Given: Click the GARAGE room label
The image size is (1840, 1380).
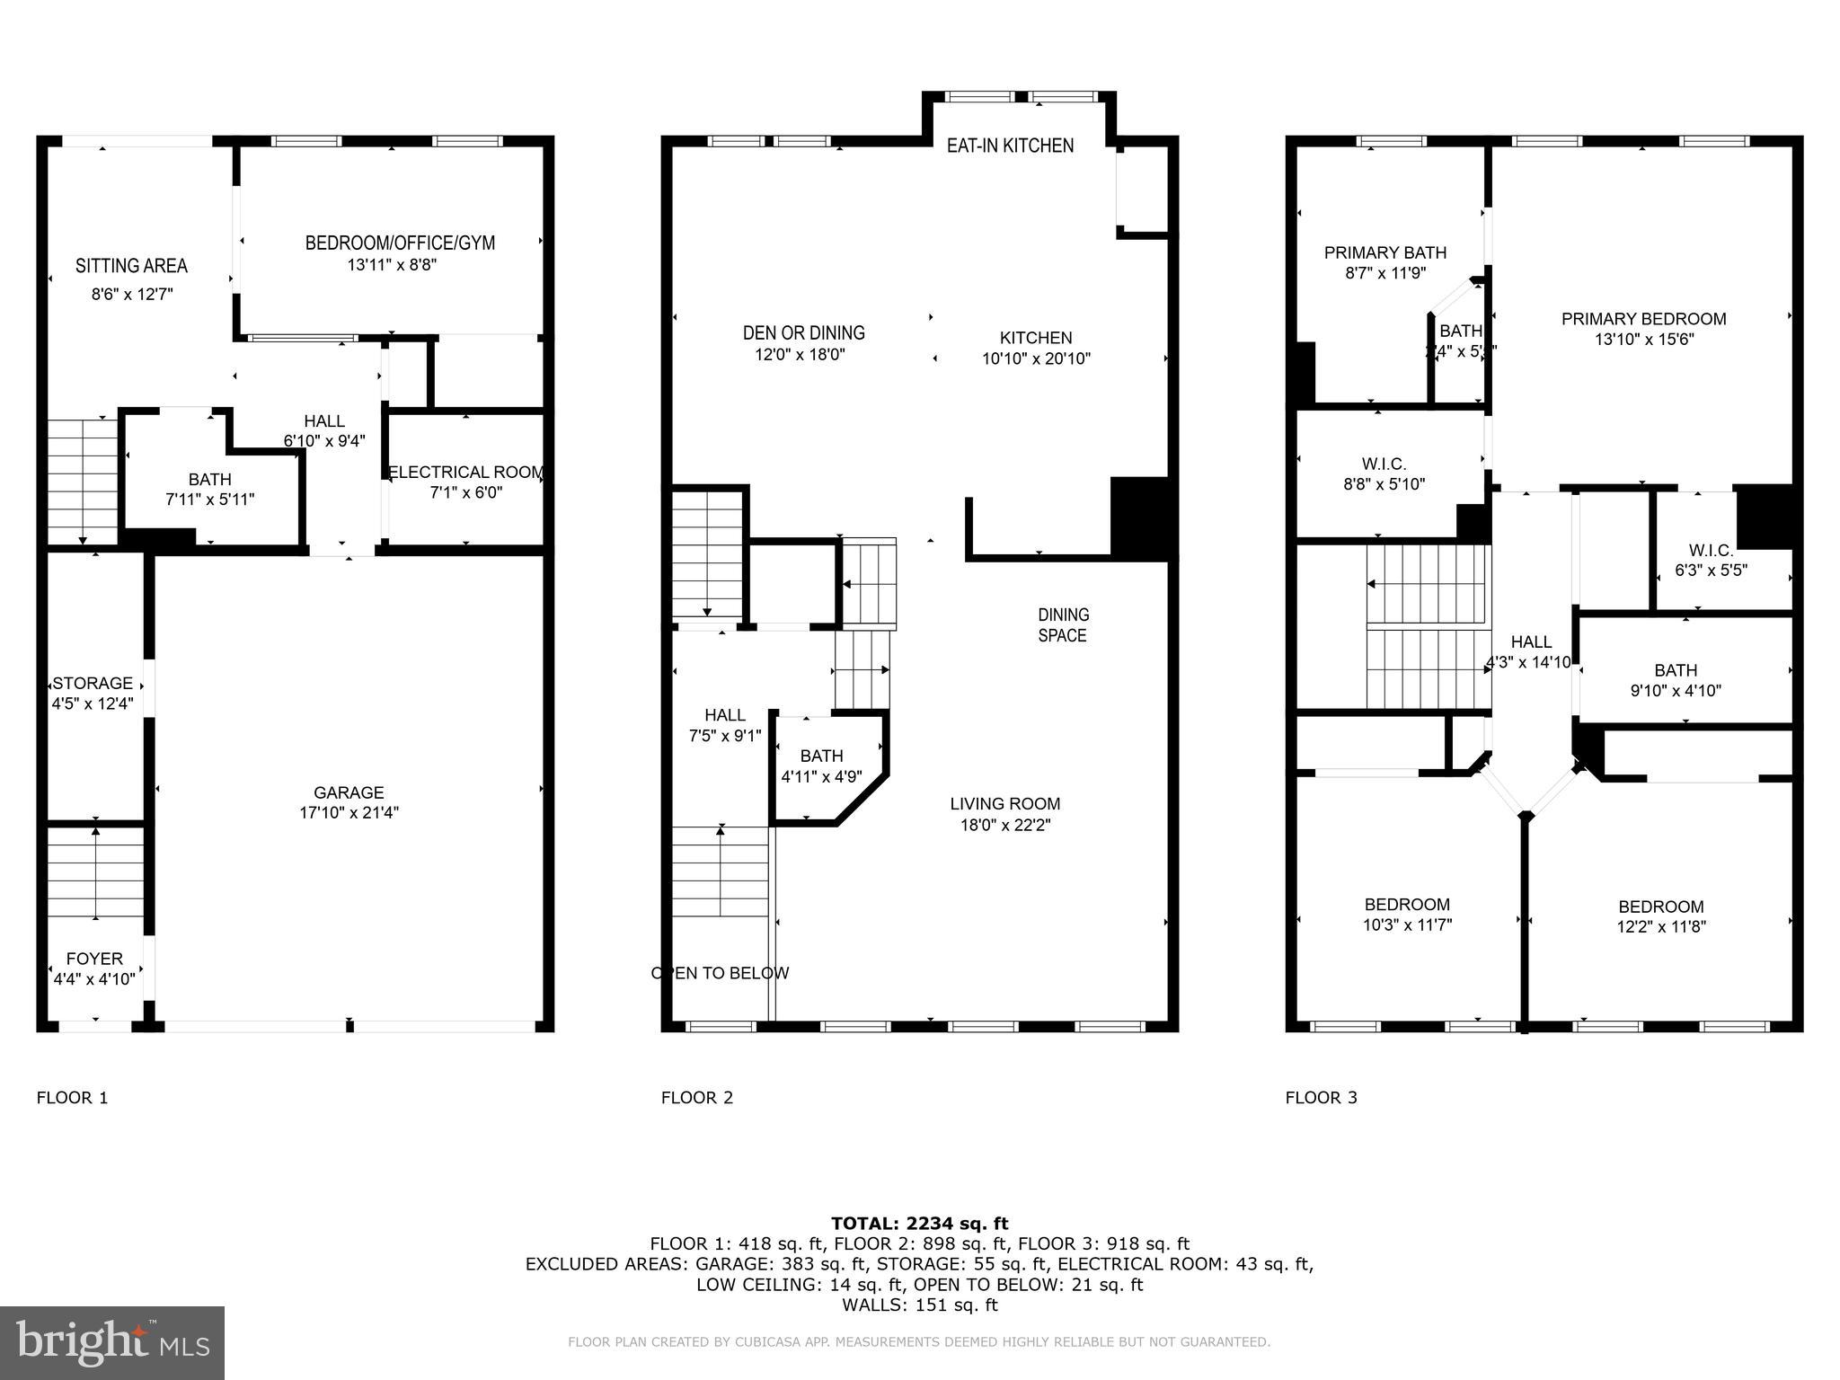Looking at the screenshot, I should point(349,792).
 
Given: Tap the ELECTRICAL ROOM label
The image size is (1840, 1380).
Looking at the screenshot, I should point(465,472).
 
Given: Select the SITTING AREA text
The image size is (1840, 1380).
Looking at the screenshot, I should point(131,266).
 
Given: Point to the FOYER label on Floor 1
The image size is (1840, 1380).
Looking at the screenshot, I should point(94,959).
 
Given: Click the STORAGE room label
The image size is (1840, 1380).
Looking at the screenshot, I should point(93,683).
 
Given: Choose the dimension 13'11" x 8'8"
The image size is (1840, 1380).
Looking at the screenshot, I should point(392,265).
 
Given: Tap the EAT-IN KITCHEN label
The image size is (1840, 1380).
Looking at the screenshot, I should point(1010,146).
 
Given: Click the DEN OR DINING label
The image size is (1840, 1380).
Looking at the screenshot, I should point(803,333).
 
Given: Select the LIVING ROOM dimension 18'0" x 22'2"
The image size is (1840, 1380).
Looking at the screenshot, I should point(1004,825).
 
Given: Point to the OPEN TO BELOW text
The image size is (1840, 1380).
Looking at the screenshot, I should point(720,973).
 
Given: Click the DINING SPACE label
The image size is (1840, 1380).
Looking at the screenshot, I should point(1063,625).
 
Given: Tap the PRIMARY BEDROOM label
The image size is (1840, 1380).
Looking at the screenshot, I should point(1643,319).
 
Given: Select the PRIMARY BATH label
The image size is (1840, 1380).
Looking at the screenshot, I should point(1384,253).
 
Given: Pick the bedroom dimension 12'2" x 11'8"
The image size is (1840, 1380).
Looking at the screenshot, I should point(1661,927).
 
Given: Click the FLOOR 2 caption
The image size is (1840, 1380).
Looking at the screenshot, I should point(697,1097).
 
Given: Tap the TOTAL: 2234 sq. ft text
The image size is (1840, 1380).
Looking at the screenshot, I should point(919,1223).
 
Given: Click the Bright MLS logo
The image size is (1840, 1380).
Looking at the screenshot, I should point(112,1342).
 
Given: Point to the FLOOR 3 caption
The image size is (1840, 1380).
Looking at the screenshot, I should point(1321,1097).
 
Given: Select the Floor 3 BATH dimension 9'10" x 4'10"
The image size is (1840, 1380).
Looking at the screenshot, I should point(1676,691).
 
